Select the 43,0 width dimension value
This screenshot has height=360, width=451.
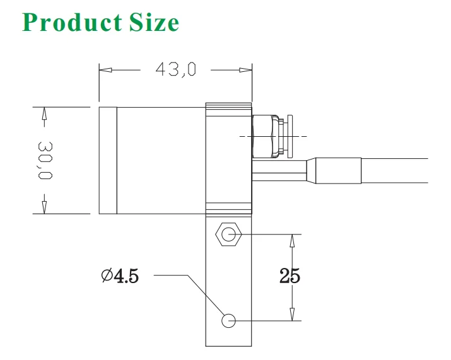click(x=176, y=69)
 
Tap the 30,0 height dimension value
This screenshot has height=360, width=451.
click(x=44, y=160)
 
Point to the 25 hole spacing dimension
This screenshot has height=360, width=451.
click(x=290, y=276)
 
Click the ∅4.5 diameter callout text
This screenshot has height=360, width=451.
click(x=119, y=276)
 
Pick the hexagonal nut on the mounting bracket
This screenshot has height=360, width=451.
click(x=228, y=235)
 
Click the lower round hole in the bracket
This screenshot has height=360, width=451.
click(x=228, y=321)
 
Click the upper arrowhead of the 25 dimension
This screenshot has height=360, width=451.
click(x=291, y=240)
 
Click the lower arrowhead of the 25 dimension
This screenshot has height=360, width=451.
click(x=291, y=315)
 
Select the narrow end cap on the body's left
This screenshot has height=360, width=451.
click(x=108, y=160)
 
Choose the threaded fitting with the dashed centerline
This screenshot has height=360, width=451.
click(x=264, y=136)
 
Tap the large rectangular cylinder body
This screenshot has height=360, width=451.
click(x=161, y=160)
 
